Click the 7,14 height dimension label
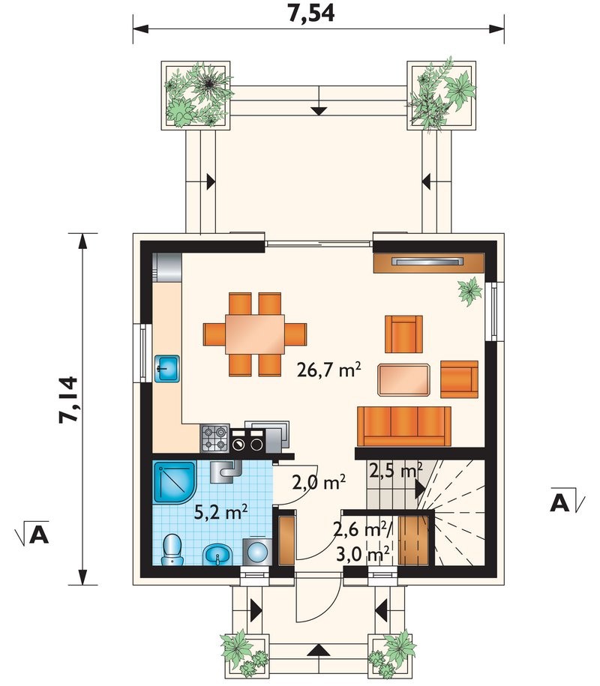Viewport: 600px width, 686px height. [x=69, y=400]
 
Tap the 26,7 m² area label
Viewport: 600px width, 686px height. [x=328, y=370]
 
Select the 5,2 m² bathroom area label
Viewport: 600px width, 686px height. [x=220, y=512]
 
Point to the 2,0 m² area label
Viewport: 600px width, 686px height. [x=319, y=483]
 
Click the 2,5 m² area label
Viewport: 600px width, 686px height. [x=395, y=470]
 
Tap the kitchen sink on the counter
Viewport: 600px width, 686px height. [x=166, y=369]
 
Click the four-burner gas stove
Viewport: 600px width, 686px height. [x=215, y=439]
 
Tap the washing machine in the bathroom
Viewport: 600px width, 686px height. [x=257, y=552]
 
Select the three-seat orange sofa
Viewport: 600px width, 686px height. [x=404, y=427]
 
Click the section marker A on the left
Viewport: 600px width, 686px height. [x=33, y=532]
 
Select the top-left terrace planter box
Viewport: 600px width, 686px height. [x=196, y=95]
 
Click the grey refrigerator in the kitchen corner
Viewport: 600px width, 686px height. [x=166, y=267]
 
